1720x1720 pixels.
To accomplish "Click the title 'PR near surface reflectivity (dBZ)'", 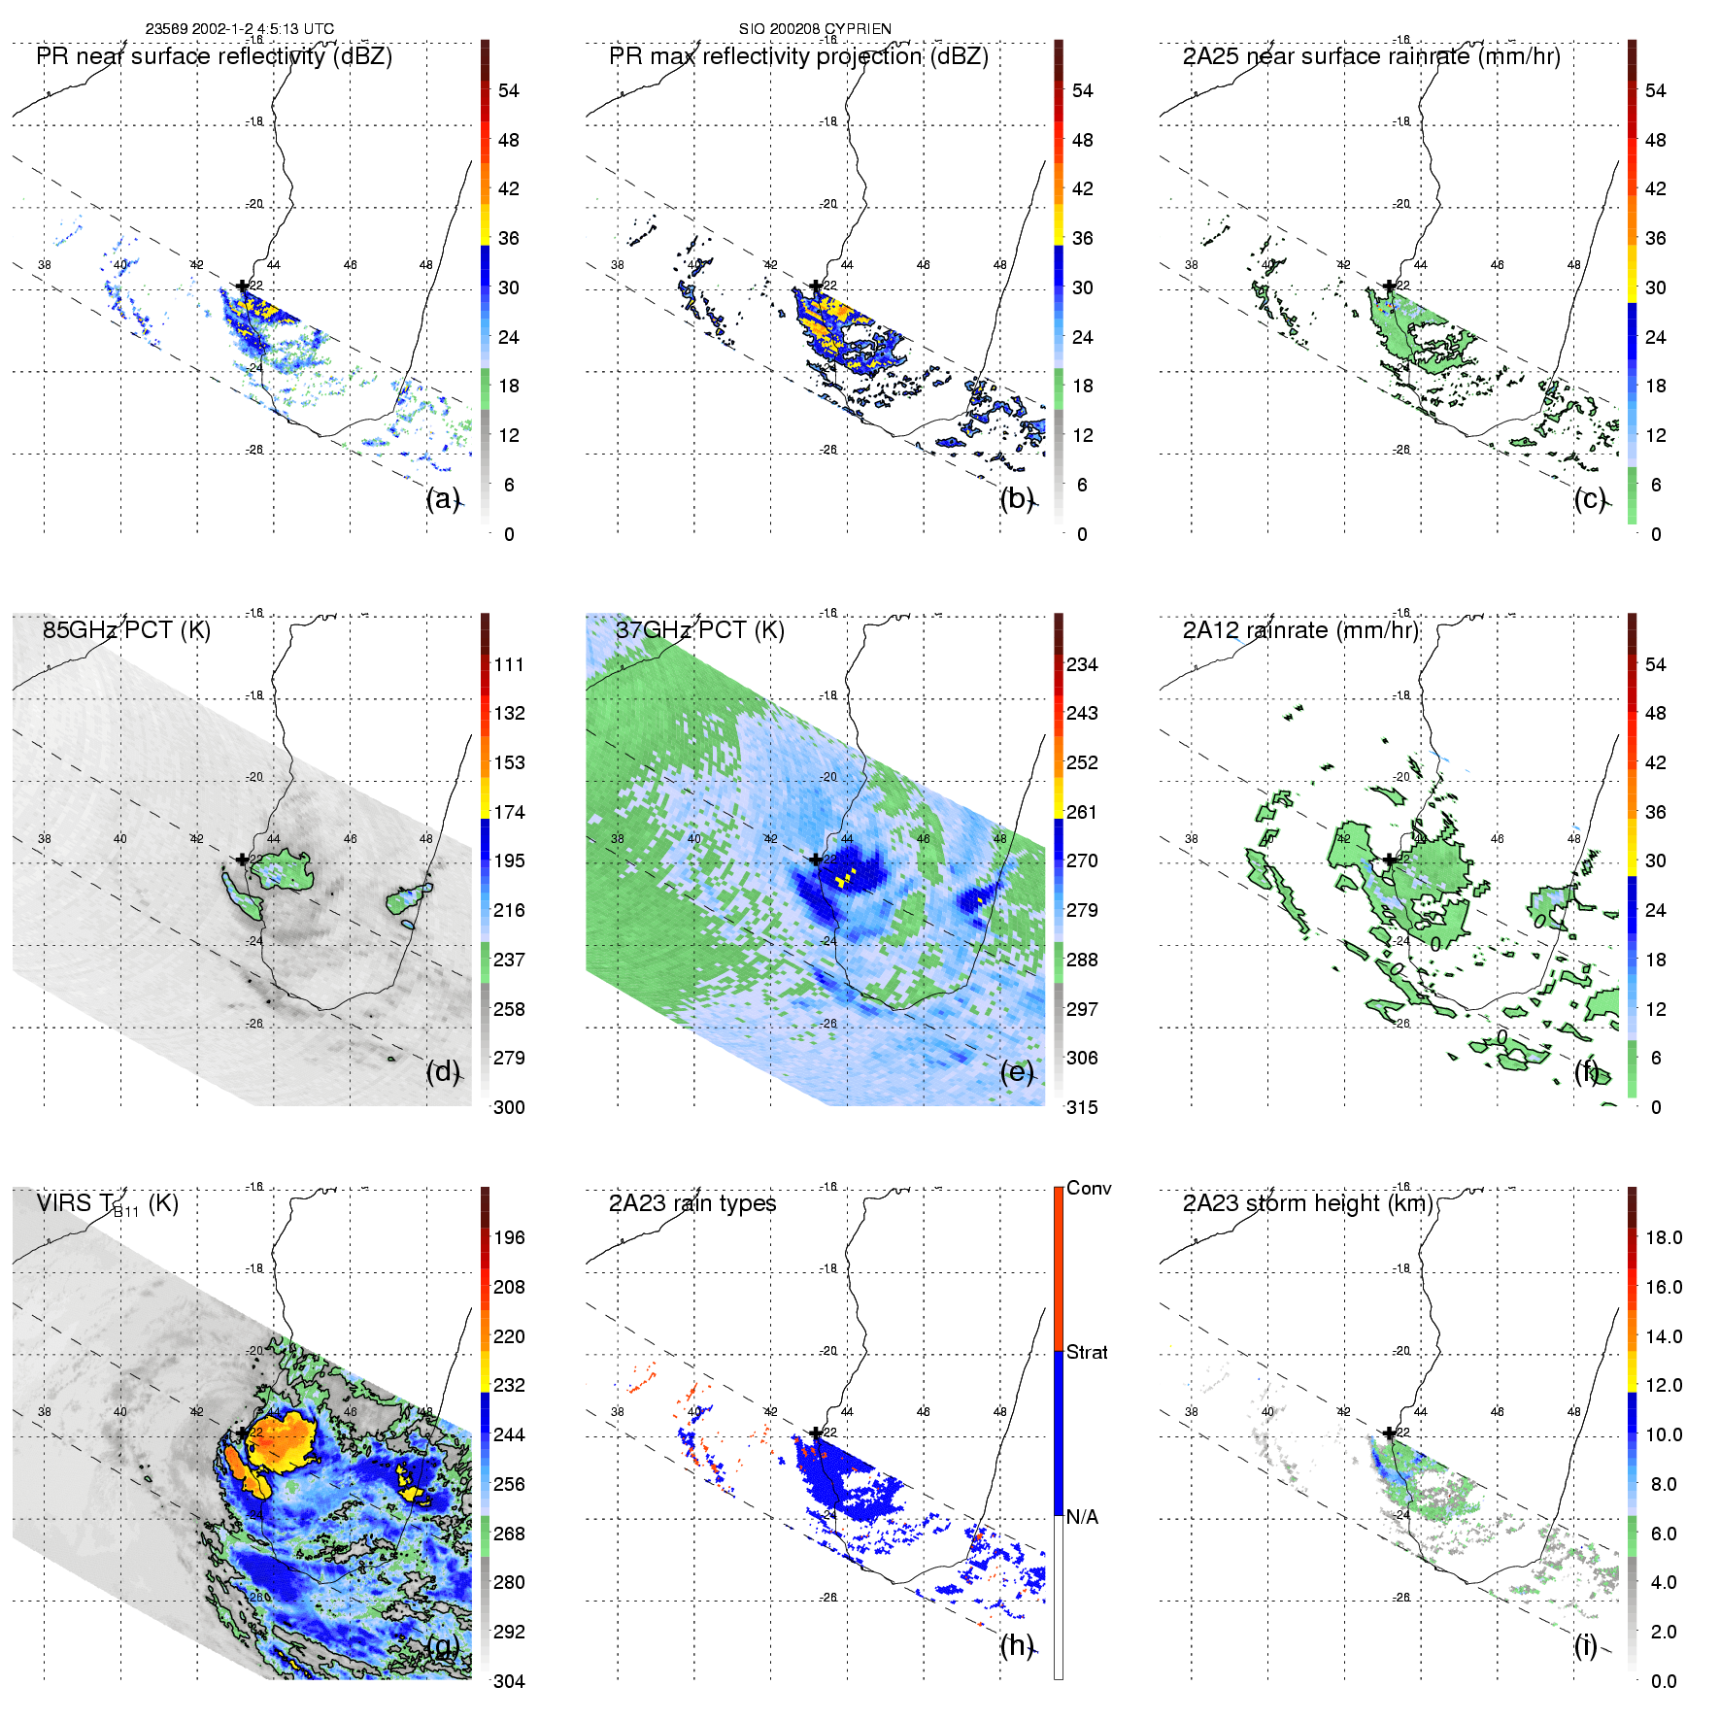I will coord(214,56).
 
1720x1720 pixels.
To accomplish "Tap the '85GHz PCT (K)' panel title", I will coord(126,630).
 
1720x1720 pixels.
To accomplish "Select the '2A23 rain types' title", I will coord(692,1203).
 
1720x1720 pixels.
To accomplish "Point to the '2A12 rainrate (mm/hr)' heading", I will coord(1300,630).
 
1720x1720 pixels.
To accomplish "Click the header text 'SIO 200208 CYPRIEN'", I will coord(815,29).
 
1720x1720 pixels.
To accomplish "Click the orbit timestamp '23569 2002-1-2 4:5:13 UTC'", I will coord(240,29).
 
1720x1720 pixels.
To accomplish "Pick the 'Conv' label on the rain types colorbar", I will coord(1088,1188).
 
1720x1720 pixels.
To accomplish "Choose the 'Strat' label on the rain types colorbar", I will coord(1087,1352).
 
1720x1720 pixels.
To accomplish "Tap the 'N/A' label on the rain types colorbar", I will coord(1082,1517).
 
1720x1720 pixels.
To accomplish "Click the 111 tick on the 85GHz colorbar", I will coord(509,664).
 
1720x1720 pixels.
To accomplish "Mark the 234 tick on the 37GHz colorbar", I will coord(1082,664).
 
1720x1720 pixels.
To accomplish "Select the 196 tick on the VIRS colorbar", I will coord(509,1237).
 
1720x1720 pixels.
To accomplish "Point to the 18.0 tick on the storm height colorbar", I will coord(1663,1237).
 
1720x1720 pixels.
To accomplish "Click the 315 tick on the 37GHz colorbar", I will coord(1082,1107).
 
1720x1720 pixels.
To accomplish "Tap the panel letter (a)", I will coord(443,498).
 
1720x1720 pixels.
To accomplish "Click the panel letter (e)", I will coord(1017,1071).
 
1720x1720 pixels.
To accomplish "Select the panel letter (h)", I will coord(1017,1645).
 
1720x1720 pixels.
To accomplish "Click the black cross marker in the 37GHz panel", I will coord(816,860).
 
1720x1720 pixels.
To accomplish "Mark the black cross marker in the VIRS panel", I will coord(242,1433).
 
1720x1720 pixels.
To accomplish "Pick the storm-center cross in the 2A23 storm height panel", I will coord(1390,1433).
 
